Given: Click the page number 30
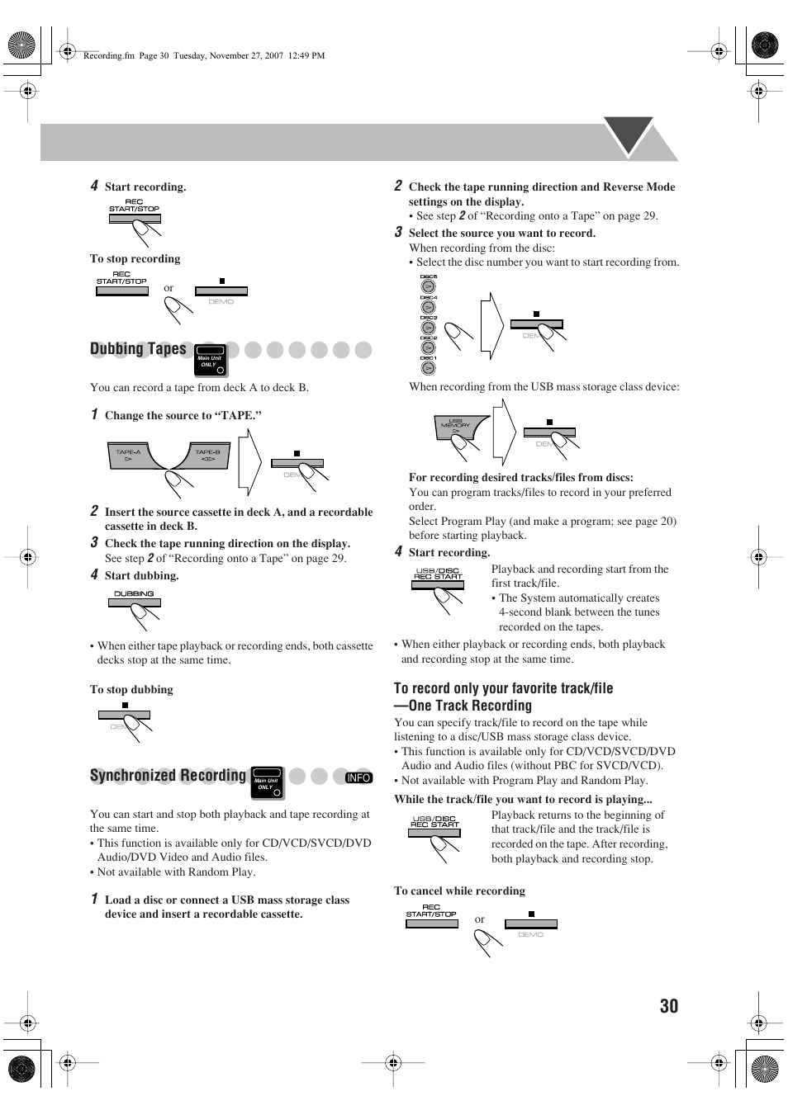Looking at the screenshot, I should pyautogui.click(x=668, y=1005).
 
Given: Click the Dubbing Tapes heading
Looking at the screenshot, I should pyautogui.click(x=138, y=349).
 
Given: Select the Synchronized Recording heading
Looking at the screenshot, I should pyautogui.click(x=168, y=776).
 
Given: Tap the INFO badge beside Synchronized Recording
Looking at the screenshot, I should pyautogui.click(x=358, y=777).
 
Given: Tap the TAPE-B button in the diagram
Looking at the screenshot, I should pyautogui.click(x=207, y=456).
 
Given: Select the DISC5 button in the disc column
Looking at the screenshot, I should pyautogui.click(x=428, y=286).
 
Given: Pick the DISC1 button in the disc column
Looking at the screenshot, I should pyautogui.click(x=428, y=368).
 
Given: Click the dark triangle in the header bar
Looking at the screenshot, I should pyautogui.click(x=629, y=134).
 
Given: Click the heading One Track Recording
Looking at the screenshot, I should pyautogui.click(x=470, y=706).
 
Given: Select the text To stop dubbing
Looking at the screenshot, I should pyautogui.click(x=131, y=690).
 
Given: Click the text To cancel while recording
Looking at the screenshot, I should pyautogui.click(x=459, y=891).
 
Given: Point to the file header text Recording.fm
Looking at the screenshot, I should pyautogui.click(x=108, y=56).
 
